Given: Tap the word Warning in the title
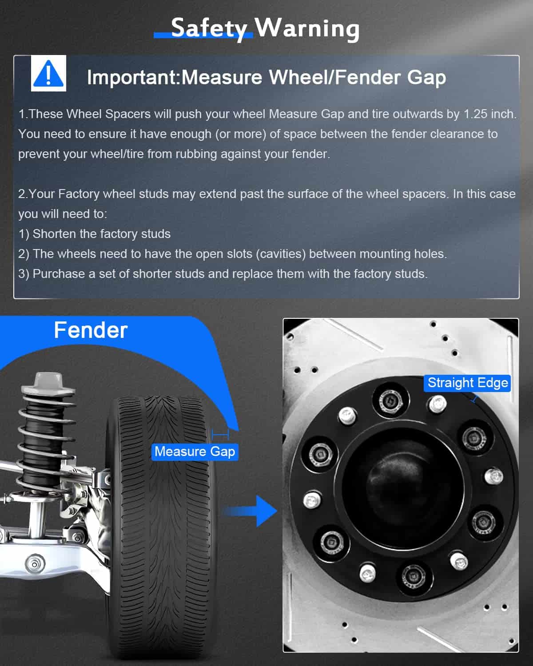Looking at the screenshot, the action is [306, 28].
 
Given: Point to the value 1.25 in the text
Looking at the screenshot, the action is [475, 114].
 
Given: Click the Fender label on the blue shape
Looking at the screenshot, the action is [91, 330].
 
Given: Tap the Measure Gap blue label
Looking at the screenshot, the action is [195, 452].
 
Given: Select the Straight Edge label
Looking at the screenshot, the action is [467, 383].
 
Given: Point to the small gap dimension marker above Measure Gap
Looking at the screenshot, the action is [220, 435].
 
